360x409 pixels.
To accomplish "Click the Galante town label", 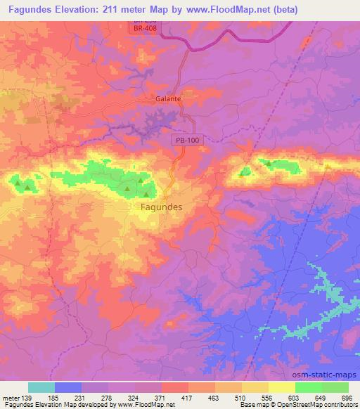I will (x=168, y=99).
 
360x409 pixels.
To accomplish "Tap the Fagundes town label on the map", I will (x=157, y=207).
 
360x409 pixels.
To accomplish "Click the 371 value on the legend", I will (x=160, y=397).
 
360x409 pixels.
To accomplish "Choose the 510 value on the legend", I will (x=241, y=397).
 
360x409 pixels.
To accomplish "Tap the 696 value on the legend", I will (x=347, y=397).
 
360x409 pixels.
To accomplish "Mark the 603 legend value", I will (x=295, y=397).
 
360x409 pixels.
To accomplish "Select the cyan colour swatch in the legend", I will (x=41, y=387).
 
